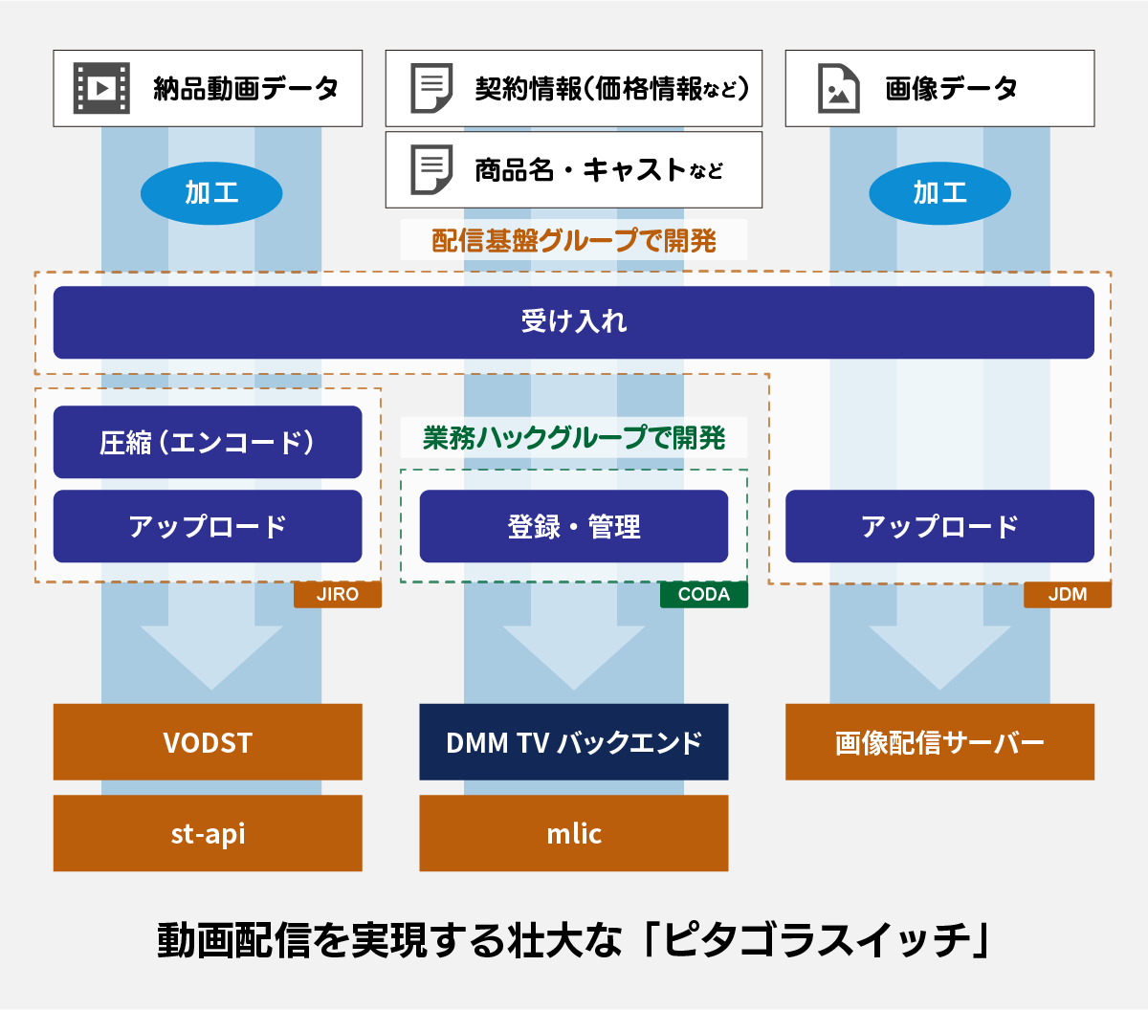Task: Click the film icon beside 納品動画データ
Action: coord(101,88)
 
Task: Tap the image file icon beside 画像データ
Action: coord(839,88)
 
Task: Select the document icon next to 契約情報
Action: coord(431,88)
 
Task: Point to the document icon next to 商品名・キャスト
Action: coord(431,170)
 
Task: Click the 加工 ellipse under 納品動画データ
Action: coord(211,193)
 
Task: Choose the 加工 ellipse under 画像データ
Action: coord(939,193)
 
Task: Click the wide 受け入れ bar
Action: coord(573,322)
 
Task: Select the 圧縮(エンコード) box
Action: coord(208,442)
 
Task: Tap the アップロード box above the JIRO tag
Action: coord(208,526)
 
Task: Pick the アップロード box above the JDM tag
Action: coord(939,526)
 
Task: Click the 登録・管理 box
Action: coord(573,526)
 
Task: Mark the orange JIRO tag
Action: coord(338,594)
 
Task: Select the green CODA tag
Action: coord(704,594)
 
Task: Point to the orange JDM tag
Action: coord(1068,594)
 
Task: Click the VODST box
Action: coord(208,742)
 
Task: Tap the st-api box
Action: coord(208,833)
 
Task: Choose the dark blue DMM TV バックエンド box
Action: coord(573,742)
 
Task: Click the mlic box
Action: coord(573,833)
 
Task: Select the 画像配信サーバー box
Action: coord(939,742)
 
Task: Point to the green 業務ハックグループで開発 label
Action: coord(573,437)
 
